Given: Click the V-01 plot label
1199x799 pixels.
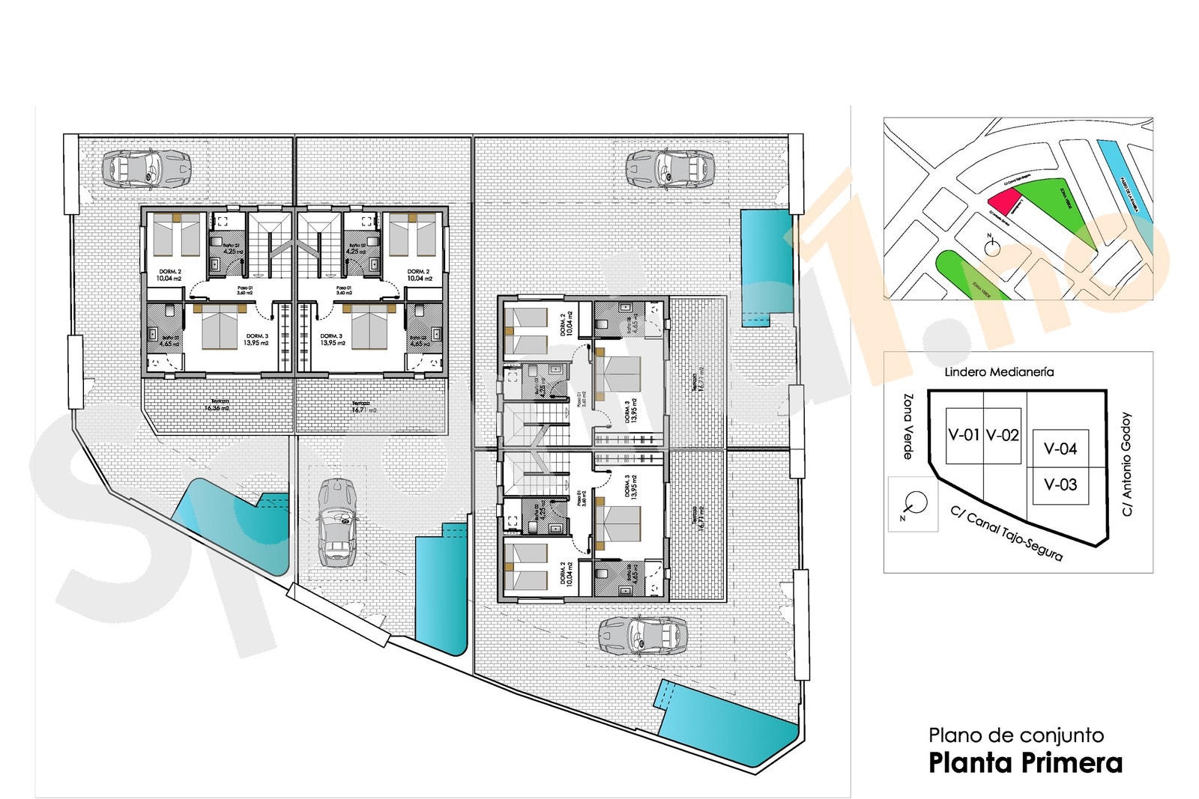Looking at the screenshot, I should point(964,435).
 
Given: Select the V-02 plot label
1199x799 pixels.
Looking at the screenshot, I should point(1002,435).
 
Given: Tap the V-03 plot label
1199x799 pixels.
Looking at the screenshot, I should point(1060,484).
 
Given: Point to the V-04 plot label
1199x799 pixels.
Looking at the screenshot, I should point(1060,449).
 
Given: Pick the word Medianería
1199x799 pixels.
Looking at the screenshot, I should point(1024,371).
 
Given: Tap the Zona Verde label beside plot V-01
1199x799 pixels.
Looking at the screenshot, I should point(907,426).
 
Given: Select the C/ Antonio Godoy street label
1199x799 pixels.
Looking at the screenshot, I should point(1126,464).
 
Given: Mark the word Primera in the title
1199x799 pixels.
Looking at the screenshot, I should point(1074,763).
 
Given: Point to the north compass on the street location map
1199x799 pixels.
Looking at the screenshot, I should point(992,247).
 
